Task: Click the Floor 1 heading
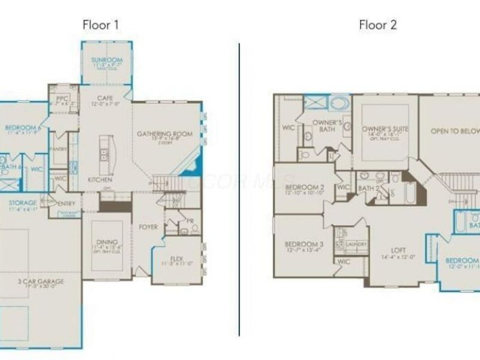[101, 25]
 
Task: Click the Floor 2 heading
[378, 25]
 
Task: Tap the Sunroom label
[107, 60]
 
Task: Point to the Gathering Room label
[164, 134]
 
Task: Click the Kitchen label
[100, 179]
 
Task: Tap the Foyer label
[148, 227]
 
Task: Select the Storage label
[23, 203]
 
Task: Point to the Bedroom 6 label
[23, 127]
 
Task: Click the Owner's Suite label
[385, 129]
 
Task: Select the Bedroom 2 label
[304, 187]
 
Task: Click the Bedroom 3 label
[304, 244]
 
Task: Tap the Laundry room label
[356, 244]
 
